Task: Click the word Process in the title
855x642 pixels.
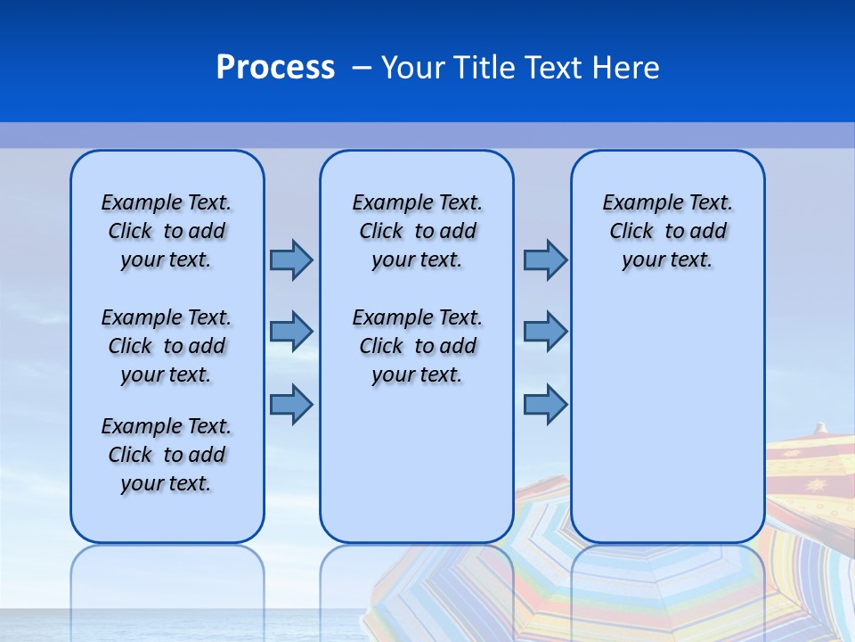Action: (275, 68)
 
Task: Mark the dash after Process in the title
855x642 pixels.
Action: (362, 69)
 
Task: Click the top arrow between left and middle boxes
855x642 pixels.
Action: (291, 259)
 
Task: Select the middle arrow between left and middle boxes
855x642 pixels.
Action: (291, 332)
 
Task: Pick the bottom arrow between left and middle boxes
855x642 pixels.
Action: (291, 404)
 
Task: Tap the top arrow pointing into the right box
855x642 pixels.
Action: (545, 259)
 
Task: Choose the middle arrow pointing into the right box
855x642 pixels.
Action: (545, 332)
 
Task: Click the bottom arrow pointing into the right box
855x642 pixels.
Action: (545, 404)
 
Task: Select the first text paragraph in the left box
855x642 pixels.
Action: (167, 231)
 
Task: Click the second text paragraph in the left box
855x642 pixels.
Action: (167, 346)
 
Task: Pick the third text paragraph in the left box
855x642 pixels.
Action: (167, 455)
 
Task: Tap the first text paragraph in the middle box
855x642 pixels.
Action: (417, 231)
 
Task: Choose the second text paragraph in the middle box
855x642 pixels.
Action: (417, 346)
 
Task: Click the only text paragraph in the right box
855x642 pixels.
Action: (667, 231)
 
